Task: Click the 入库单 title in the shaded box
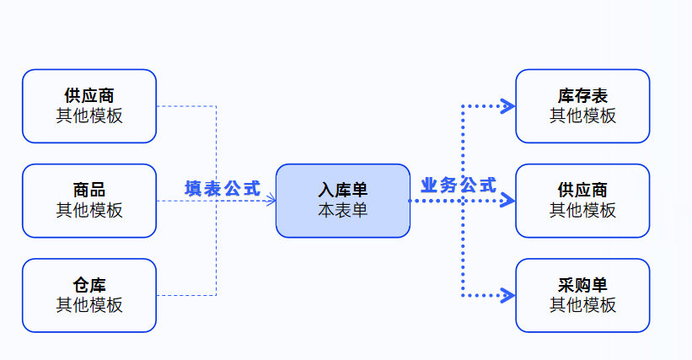[343, 191]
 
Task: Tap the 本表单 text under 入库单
[343, 210]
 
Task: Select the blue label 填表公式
[223, 188]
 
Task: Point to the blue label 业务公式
[459, 185]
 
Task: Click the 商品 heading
[89, 191]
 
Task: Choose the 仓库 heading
[89, 285]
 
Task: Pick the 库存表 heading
[582, 96]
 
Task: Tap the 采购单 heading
[582, 285]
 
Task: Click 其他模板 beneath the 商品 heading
[89, 210]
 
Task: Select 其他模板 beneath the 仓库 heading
[89, 304]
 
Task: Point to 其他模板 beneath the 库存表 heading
[582, 116]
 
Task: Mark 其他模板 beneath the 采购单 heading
[582, 304]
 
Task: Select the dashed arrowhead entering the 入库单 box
[271, 201]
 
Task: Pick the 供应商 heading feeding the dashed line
[89, 96]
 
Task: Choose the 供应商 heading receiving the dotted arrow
[582, 191]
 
